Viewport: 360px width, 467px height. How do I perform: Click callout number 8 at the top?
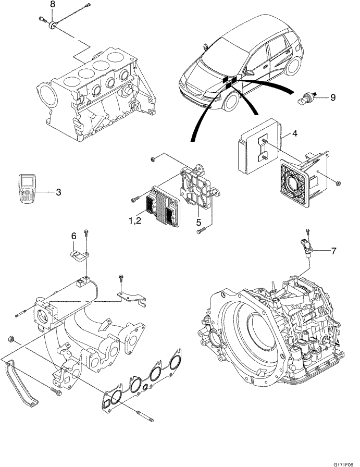53,4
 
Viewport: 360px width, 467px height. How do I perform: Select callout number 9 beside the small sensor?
333,97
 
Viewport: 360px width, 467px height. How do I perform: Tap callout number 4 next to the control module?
294,133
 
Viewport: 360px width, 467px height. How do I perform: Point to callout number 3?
58,192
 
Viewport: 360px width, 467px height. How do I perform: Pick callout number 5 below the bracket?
198,223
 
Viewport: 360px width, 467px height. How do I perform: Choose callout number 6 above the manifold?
74,236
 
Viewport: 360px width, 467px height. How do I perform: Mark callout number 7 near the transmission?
333,251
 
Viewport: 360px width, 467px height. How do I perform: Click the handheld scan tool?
27,189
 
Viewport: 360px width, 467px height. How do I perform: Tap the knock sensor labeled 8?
53,26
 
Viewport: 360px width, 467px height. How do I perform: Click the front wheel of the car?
231,101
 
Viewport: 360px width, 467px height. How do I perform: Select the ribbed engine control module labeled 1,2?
163,205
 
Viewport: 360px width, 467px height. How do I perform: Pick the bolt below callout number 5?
201,230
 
